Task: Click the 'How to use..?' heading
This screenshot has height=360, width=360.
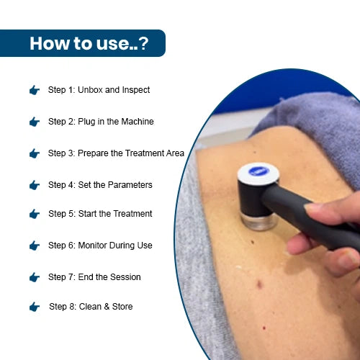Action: (89, 43)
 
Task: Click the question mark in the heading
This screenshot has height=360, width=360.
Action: (144, 43)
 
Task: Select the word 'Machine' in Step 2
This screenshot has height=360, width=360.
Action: (138, 122)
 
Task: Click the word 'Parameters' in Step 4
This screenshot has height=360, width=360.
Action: (130, 185)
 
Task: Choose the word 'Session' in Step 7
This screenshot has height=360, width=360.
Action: (125, 277)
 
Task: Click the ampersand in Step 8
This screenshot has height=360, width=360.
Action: (107, 307)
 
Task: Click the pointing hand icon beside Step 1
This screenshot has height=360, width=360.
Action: (35, 90)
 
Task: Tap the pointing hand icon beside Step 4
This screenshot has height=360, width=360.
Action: (35, 185)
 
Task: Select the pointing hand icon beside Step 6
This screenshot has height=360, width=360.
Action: (35, 246)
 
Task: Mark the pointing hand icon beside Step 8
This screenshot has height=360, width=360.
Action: (35, 307)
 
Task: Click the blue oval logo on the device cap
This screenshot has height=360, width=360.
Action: (258, 171)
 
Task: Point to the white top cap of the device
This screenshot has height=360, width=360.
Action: (258, 174)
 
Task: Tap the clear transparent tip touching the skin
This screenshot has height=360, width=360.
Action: (258, 221)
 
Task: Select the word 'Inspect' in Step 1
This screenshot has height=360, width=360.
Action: (136, 90)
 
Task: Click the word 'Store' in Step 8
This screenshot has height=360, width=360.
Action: (122, 307)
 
